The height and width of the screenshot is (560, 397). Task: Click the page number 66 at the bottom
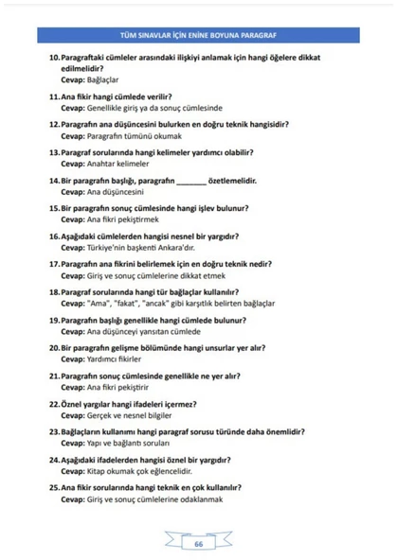pyautogui.click(x=199, y=544)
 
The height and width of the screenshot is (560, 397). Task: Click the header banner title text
pyautogui.click(x=199, y=35)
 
